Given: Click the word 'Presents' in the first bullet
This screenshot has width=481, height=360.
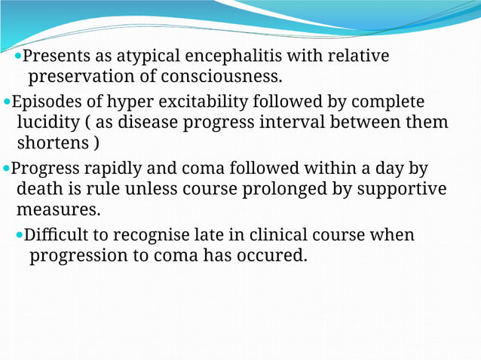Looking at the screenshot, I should (54, 56).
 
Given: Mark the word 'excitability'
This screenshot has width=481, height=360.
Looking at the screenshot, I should (208, 102).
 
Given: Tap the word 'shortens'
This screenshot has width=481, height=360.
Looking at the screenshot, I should (51, 143).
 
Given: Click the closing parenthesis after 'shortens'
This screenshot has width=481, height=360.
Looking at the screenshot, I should (96, 143).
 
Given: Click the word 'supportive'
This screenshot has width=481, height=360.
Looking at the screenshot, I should (404, 188).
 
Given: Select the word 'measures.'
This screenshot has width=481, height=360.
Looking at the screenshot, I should (58, 209).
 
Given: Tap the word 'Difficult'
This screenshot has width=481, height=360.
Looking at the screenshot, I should (57, 235).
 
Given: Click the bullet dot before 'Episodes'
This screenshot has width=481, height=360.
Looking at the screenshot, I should (8, 102).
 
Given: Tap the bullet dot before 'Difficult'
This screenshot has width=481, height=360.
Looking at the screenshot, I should (20, 236).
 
